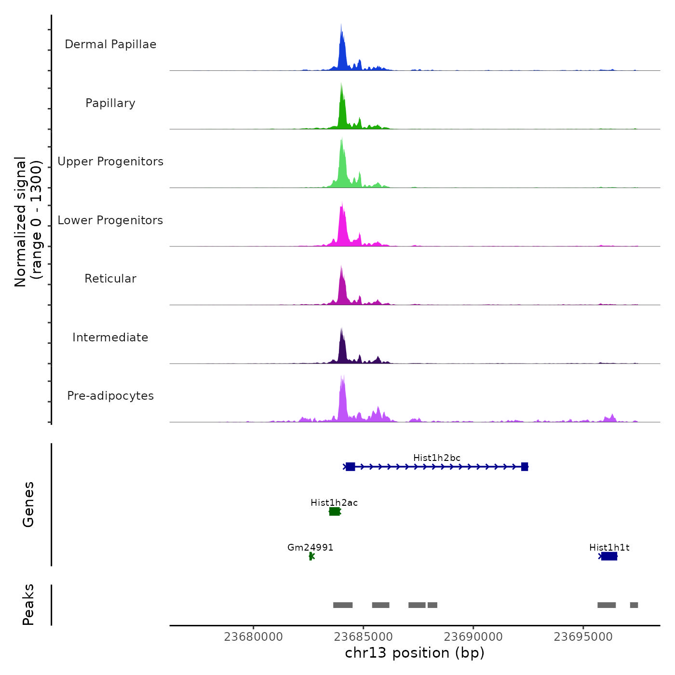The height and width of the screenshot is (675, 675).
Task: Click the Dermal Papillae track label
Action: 110,44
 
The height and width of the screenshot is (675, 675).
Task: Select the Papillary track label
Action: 110,103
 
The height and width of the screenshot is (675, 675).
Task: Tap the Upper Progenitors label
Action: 110,162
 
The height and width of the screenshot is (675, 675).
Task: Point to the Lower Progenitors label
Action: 110,220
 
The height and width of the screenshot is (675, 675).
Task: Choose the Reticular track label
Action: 110,279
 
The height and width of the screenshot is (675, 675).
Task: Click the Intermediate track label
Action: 110,337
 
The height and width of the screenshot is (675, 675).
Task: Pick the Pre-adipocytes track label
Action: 110,396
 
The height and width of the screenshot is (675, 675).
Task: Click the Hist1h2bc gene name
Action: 437,458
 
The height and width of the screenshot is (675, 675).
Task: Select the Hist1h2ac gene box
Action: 335,512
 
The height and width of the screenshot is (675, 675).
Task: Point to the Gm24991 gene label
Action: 310,548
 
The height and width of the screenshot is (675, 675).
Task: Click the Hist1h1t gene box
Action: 609,556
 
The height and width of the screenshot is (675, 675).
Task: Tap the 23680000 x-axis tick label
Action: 254,637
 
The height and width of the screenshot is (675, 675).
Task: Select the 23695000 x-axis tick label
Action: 583,637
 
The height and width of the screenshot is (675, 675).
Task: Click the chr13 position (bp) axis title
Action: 415,653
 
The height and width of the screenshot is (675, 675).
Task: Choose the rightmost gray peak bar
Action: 634,605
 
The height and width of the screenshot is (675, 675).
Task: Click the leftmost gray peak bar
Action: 343,605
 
